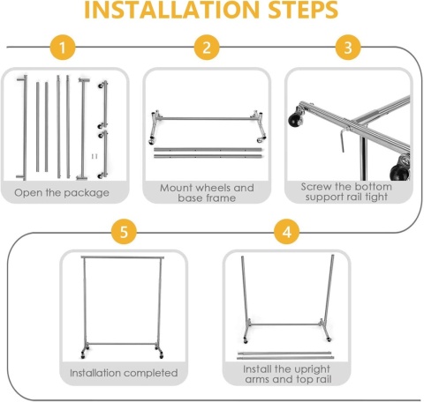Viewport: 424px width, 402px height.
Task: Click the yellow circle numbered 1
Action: (63, 48)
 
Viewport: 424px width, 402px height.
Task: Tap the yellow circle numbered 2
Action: (207, 48)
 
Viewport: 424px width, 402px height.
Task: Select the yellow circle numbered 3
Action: (348, 48)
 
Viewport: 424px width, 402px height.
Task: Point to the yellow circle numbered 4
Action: (286, 232)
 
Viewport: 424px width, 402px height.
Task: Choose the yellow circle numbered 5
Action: (124, 232)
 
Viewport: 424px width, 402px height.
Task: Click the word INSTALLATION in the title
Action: (171, 10)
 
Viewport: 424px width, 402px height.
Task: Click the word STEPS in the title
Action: (303, 10)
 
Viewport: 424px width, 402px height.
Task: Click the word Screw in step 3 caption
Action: (316, 187)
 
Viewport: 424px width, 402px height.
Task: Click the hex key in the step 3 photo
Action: (343, 139)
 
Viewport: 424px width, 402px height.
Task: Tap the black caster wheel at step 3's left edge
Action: (295, 119)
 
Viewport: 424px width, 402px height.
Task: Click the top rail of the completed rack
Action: (123, 257)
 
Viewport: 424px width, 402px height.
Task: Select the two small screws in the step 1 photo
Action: (95, 156)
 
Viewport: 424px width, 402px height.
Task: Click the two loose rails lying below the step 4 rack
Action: (285, 355)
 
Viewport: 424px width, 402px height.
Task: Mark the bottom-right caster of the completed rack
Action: (161, 355)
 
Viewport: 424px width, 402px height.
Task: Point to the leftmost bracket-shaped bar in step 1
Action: (23, 127)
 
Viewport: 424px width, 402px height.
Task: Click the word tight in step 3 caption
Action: (376, 197)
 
